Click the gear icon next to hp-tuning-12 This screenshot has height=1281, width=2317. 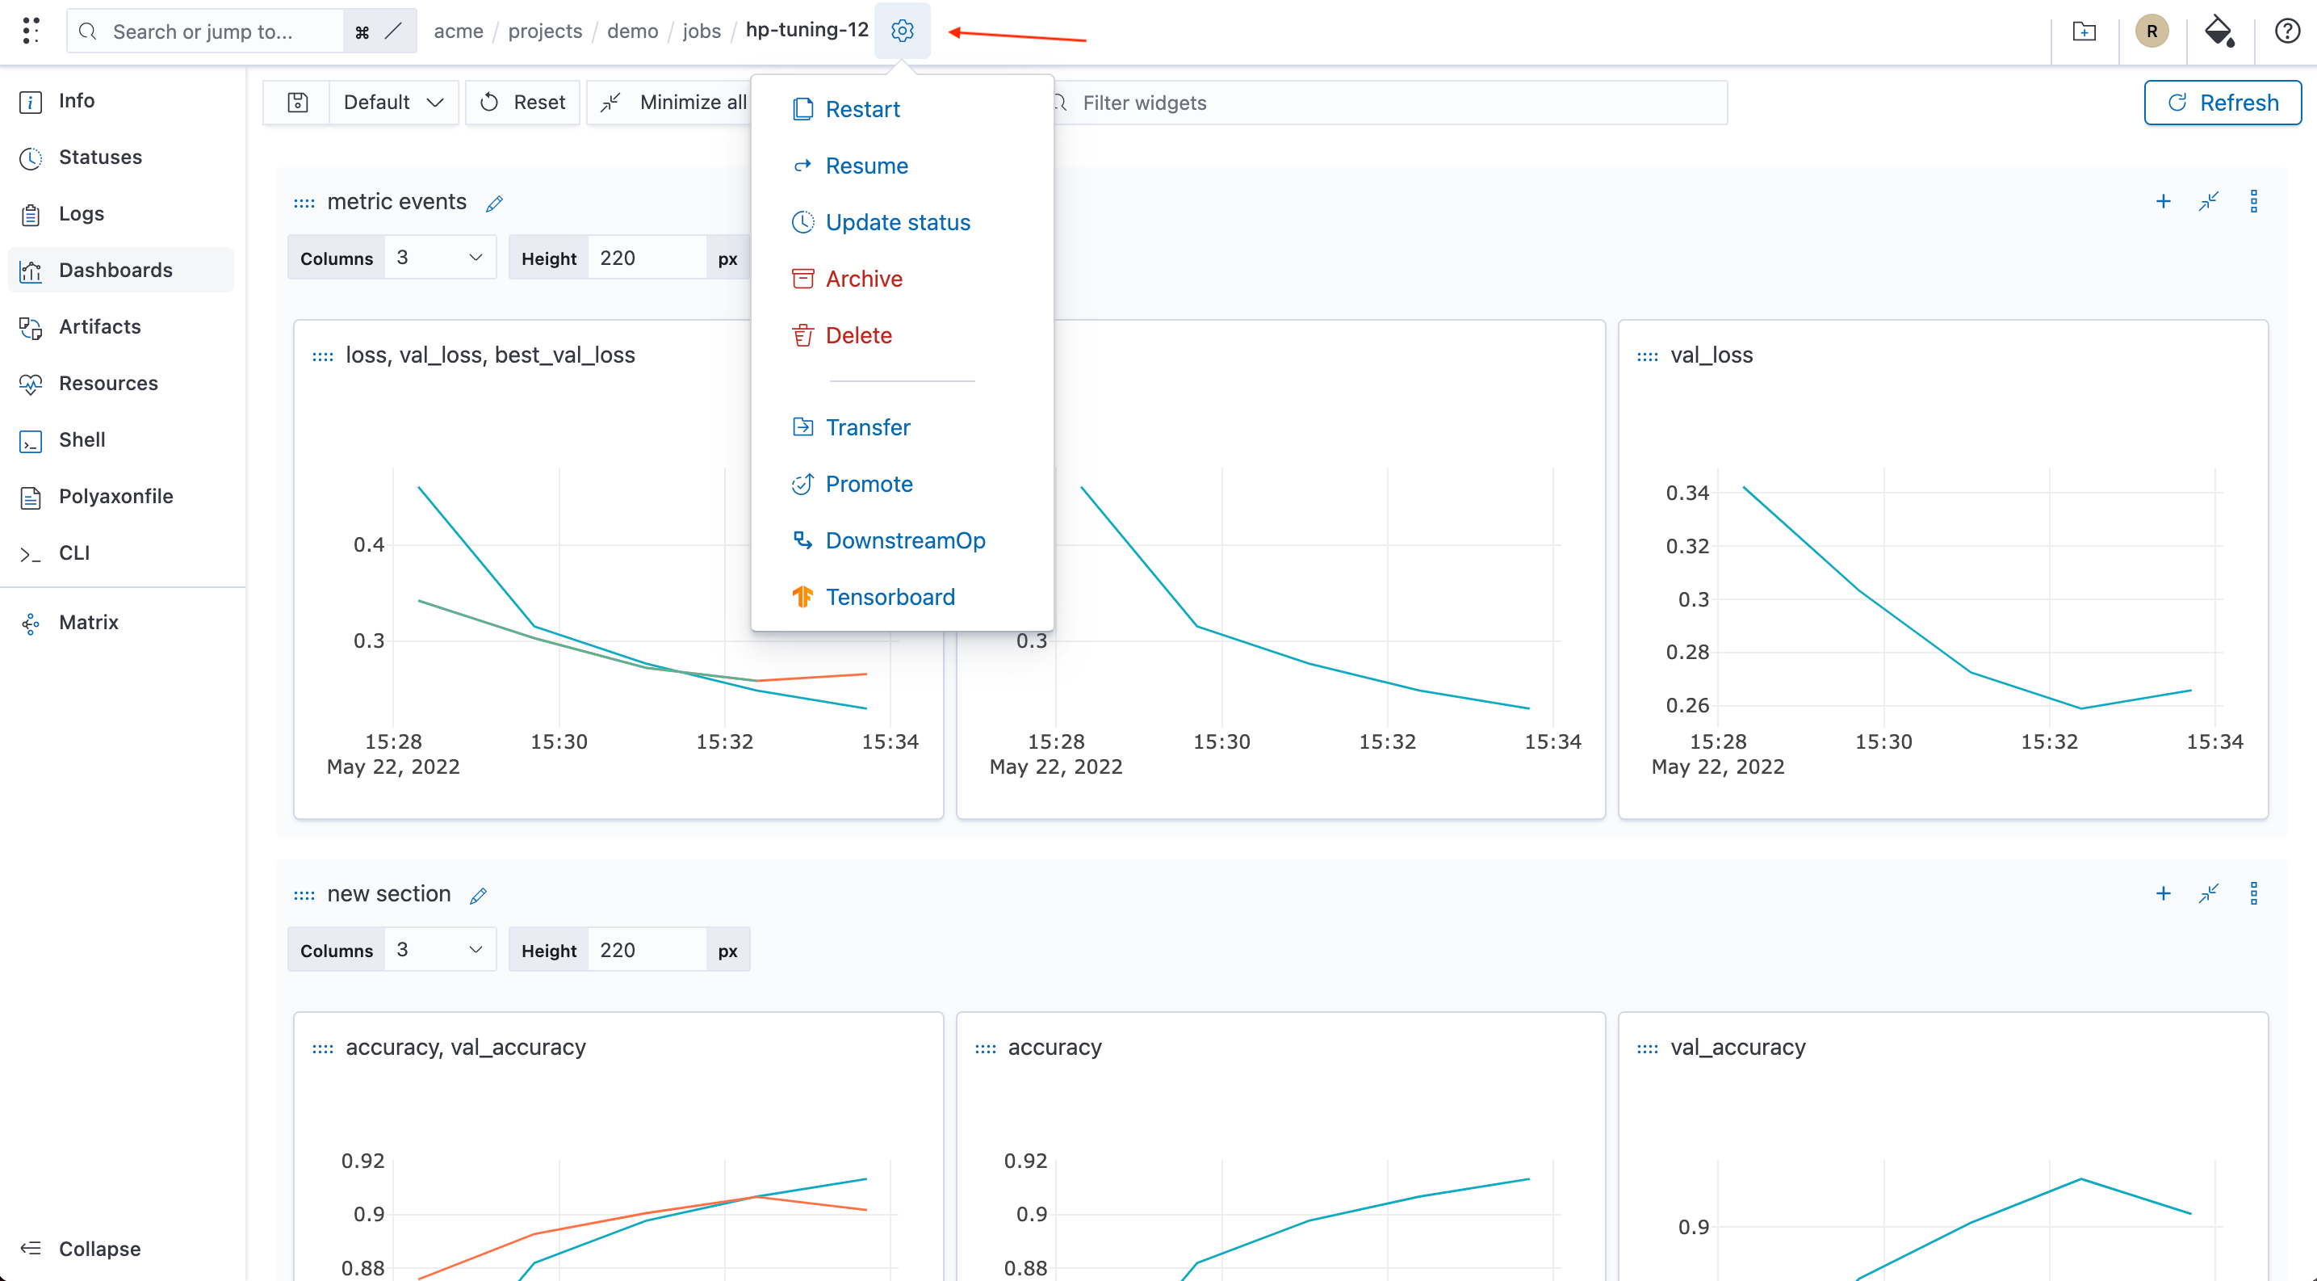click(902, 31)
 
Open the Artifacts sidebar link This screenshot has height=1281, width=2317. click(99, 326)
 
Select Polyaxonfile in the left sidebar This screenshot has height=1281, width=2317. click(115, 497)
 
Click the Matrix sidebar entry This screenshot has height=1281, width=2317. click(88, 623)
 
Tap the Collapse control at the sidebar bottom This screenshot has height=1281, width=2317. click(99, 1249)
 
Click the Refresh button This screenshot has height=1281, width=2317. click(2223, 103)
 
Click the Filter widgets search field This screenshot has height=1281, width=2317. click(1389, 103)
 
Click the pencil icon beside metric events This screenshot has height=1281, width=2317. click(494, 204)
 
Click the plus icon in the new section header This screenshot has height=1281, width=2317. click(2163, 893)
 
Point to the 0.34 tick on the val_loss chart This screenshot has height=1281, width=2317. click(1686, 493)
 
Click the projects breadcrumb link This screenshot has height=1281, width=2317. click(545, 31)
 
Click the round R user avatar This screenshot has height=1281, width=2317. click(2151, 31)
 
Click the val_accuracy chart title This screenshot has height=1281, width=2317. click(1737, 1047)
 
